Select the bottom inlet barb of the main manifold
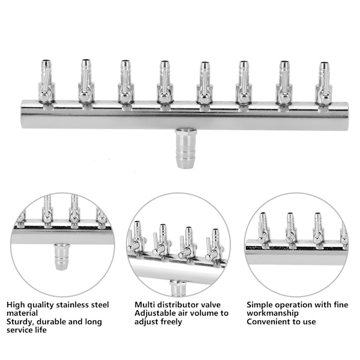tap(186, 148)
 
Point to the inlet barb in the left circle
tap(62, 256)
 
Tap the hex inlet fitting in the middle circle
tap(178, 287)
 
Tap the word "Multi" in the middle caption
tap(144, 305)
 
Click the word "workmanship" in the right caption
tap(273, 313)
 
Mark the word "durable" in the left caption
tap(51, 322)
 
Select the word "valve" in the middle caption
tap(211, 305)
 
